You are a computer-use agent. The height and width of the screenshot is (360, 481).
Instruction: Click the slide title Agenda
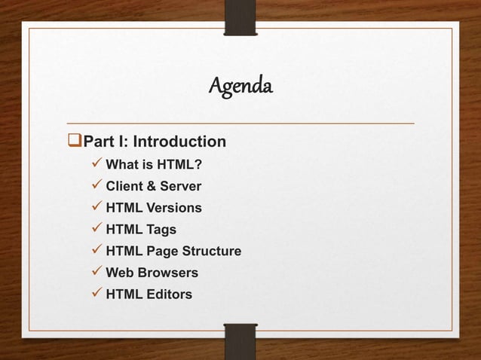coord(240,89)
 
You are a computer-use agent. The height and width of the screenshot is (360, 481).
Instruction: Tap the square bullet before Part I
coord(74,142)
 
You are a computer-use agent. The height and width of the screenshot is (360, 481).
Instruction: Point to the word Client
coord(124,186)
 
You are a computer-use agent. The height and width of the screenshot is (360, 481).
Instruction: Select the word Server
coord(179,186)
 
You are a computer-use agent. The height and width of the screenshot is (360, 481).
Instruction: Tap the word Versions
coord(175,208)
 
